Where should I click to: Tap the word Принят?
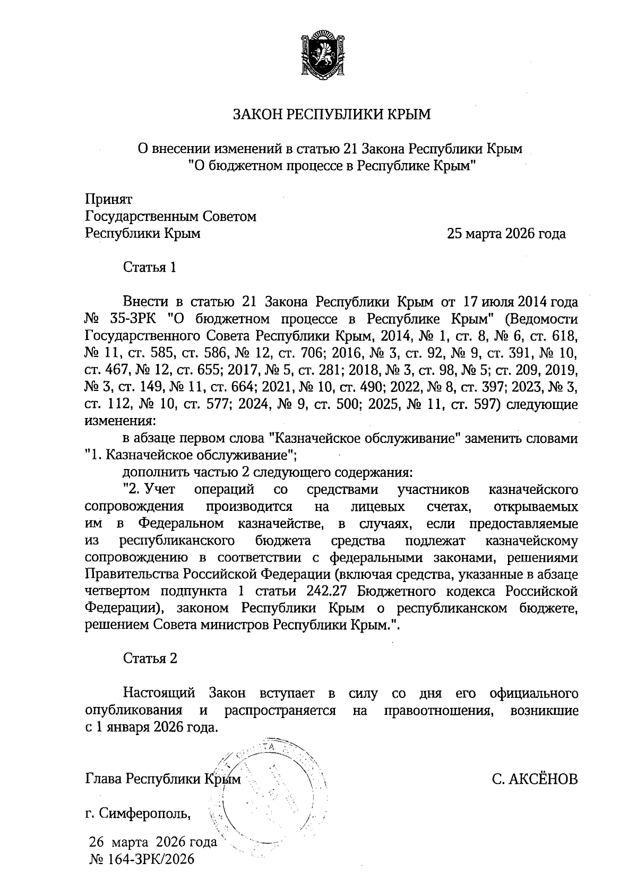[108, 200]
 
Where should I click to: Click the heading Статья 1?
[149, 267]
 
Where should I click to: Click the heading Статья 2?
[150, 659]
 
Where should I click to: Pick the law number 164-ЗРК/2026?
[149, 859]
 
